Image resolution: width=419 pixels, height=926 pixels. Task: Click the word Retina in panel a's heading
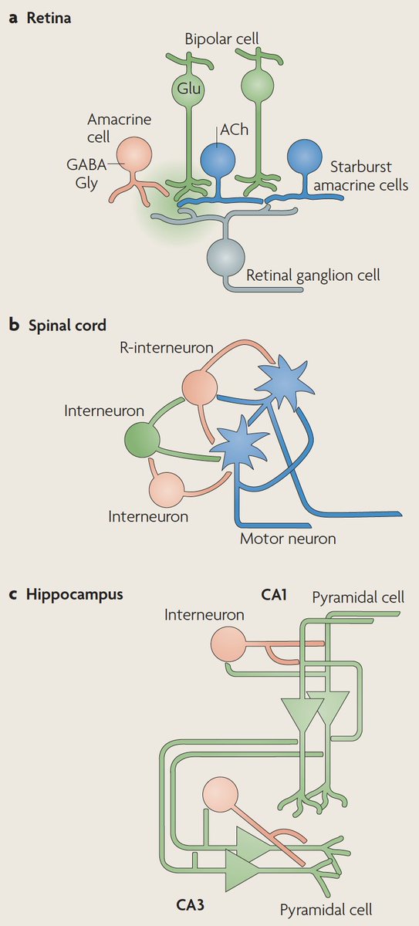49,17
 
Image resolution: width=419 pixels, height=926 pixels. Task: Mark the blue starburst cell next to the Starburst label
304,157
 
